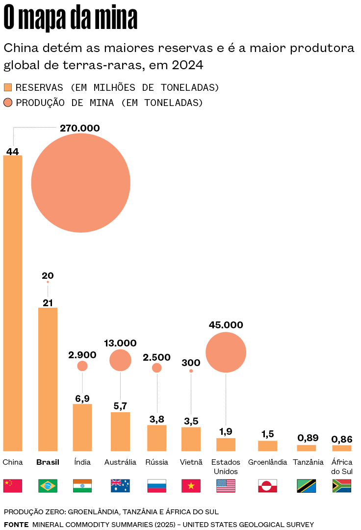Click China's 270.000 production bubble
(x=81, y=183)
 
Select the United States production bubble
(x=226, y=352)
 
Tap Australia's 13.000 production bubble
(x=120, y=361)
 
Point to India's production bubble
(x=82, y=366)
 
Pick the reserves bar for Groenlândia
(x=267, y=446)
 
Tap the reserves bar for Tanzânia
(x=307, y=448)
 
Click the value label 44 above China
(x=13, y=152)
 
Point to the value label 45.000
(x=226, y=325)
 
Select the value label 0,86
(x=342, y=439)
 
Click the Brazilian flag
(x=48, y=486)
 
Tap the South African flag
(x=342, y=486)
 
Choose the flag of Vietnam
(x=191, y=486)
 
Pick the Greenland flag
(x=267, y=486)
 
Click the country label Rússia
(x=156, y=462)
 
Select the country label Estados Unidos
(x=226, y=467)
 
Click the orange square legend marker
(x=8, y=87)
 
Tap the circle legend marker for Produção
(x=8, y=103)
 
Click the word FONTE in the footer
(x=16, y=525)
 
